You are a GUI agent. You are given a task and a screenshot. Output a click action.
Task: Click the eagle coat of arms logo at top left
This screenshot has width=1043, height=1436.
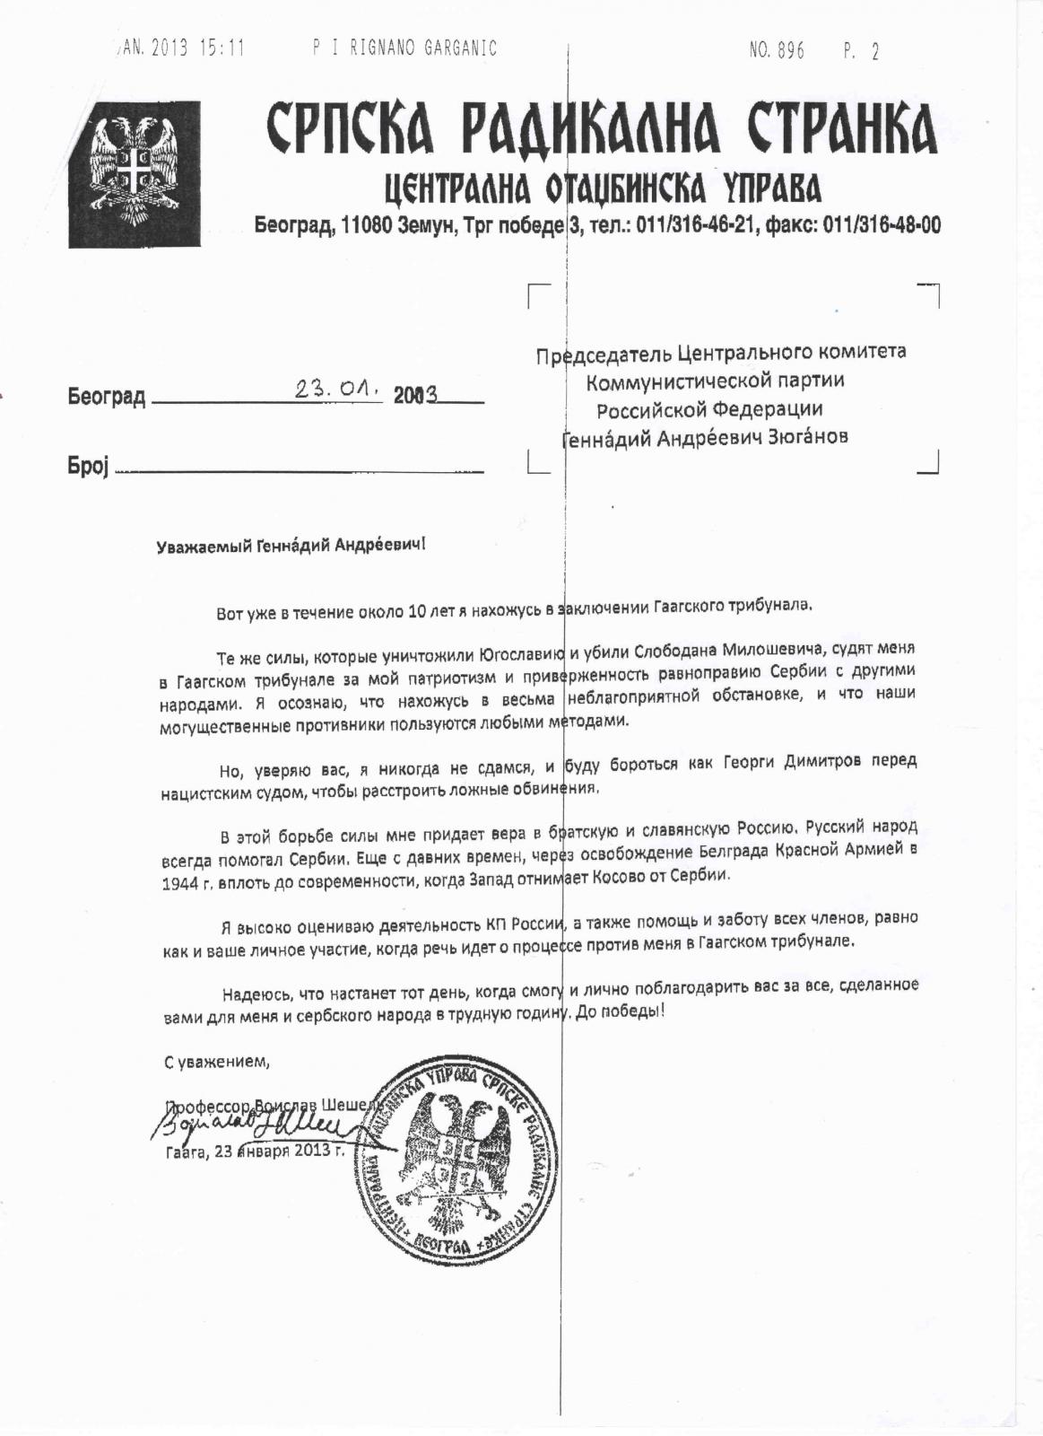pos(134,174)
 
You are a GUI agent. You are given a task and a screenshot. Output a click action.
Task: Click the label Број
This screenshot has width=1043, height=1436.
pos(87,467)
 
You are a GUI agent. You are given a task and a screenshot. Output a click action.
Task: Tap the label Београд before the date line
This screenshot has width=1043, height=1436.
pos(106,397)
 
